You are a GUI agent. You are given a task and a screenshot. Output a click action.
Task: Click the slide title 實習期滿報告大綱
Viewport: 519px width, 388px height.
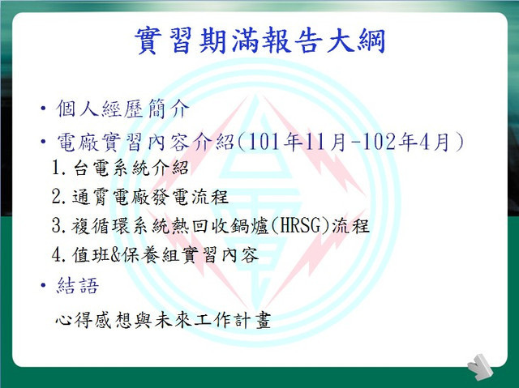259,41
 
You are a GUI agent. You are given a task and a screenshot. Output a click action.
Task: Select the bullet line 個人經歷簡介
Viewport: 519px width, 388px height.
122,108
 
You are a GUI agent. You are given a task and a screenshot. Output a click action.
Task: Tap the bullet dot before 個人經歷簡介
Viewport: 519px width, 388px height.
43,108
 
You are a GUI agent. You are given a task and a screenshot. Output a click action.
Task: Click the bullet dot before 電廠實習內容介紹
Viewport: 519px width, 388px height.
43,142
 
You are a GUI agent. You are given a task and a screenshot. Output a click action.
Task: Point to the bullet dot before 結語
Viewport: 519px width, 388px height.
43,285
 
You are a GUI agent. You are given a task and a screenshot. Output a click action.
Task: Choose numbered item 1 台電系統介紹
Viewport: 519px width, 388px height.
120,168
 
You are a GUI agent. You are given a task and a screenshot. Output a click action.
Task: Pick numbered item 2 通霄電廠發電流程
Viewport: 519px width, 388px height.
140,197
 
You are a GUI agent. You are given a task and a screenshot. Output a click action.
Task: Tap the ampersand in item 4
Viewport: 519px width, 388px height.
115,255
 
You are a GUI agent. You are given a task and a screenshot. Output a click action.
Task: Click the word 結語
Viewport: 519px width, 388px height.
78,285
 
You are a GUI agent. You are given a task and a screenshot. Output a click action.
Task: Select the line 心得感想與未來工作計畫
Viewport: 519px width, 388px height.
163,320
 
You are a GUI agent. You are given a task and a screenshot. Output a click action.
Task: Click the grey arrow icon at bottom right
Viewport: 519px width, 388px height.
480,367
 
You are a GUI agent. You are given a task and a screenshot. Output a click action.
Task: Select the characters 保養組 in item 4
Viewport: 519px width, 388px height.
151,255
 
